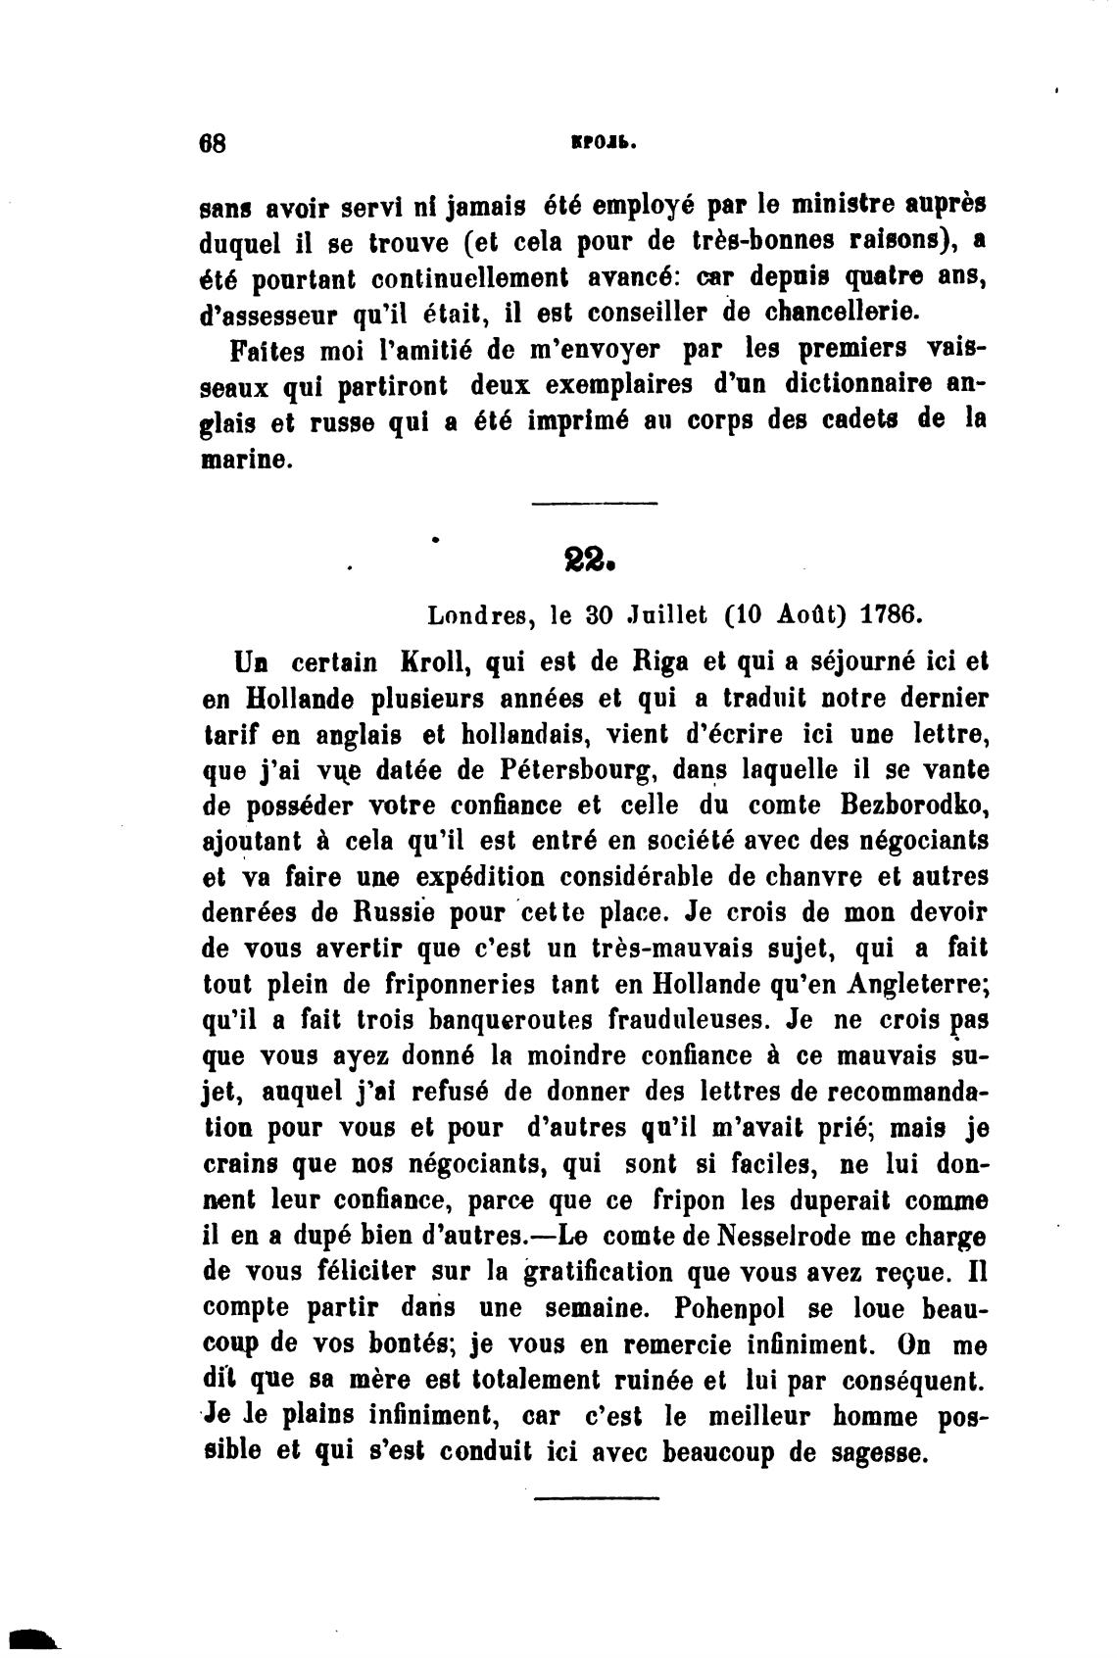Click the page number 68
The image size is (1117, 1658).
pos(213,143)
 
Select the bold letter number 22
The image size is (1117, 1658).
pos(590,562)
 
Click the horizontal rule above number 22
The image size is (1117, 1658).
pos(595,504)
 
